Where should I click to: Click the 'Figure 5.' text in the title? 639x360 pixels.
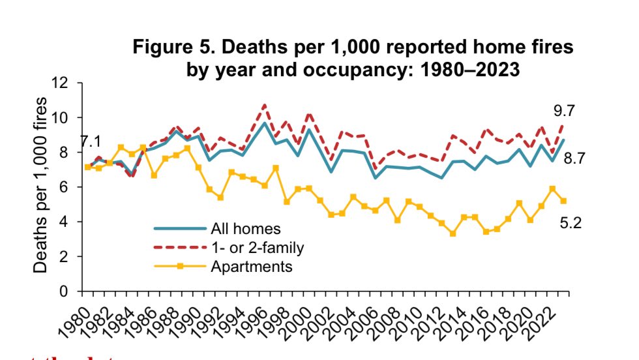170,48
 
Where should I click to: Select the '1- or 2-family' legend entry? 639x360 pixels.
258,247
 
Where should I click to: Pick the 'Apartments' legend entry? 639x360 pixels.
251,266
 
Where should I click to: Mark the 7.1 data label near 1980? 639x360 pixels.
91,142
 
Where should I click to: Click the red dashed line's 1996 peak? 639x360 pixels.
264,104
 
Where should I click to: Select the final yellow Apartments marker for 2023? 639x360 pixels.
563,201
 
